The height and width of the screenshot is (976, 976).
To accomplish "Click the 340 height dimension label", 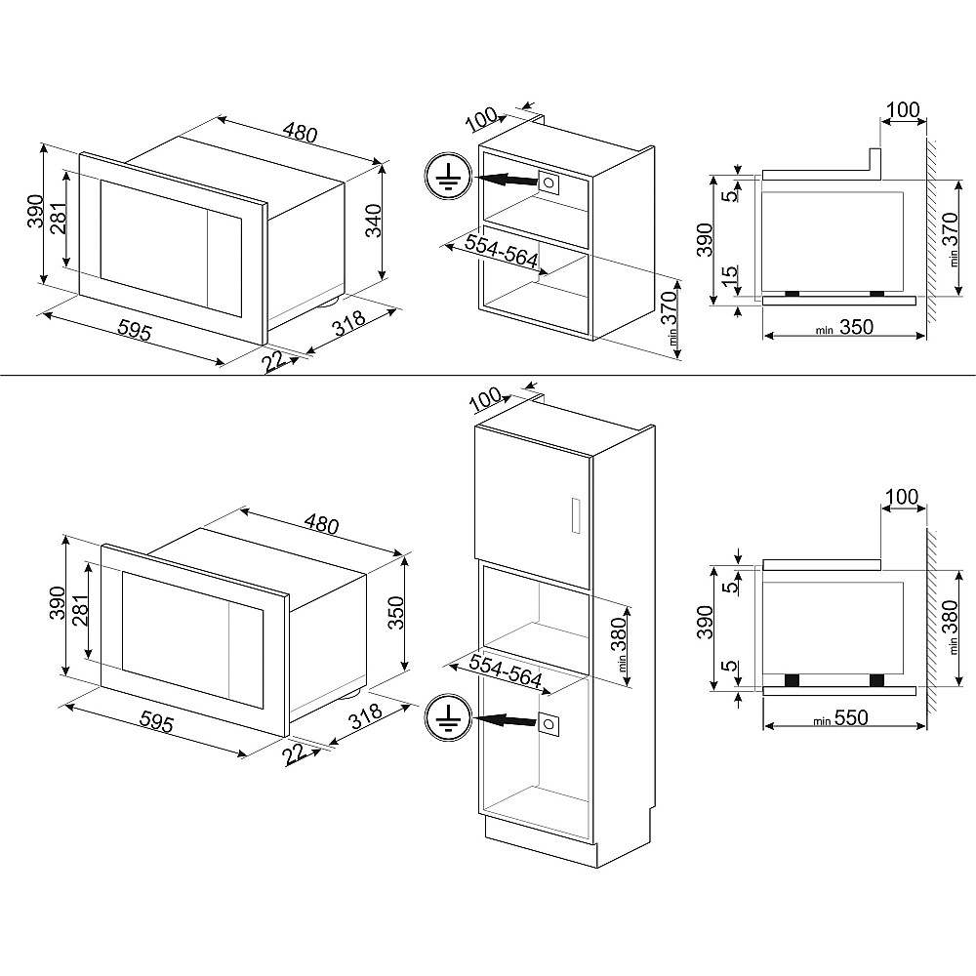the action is tap(373, 221).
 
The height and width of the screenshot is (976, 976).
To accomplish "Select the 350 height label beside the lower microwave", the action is tap(396, 613).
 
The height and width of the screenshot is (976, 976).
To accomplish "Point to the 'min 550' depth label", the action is tap(840, 718).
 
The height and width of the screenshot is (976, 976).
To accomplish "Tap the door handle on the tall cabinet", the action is tap(575, 515).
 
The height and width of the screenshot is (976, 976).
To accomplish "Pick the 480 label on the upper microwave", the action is tap(300, 132).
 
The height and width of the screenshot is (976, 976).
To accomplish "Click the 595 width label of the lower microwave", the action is tap(156, 721).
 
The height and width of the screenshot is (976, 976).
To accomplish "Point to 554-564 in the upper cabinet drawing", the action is tap(501, 250).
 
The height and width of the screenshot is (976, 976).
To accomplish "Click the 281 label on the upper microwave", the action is tap(61, 219).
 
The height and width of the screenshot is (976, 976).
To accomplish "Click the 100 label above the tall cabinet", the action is tap(485, 398).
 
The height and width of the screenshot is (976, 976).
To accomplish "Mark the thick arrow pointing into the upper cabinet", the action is tap(507, 180).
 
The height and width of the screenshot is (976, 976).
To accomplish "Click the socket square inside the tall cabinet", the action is tap(549, 724).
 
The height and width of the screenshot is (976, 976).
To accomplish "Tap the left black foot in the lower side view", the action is tap(792, 679).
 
